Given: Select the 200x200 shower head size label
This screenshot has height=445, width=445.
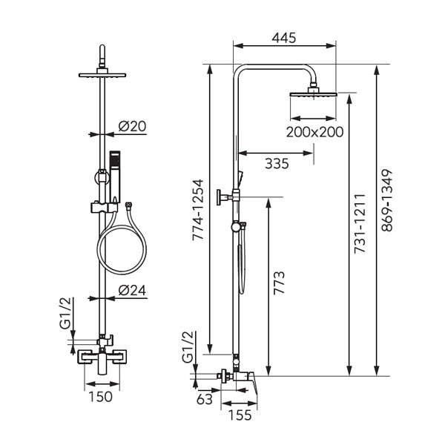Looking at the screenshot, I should [x=315, y=132].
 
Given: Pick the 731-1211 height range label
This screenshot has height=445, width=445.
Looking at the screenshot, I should [x=359, y=225].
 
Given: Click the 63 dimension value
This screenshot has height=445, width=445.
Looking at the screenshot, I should [x=205, y=398].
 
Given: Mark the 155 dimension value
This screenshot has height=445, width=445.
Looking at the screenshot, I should [x=239, y=416].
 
